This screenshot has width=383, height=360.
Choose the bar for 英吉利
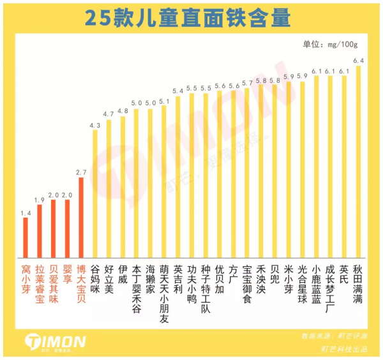(x=177, y=176)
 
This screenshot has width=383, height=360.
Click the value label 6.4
(x=358, y=61)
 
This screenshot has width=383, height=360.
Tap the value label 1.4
(x=26, y=213)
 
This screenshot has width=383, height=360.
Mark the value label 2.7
(x=80, y=172)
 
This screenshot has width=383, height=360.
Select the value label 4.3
(x=94, y=126)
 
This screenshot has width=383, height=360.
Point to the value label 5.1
(x=164, y=101)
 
